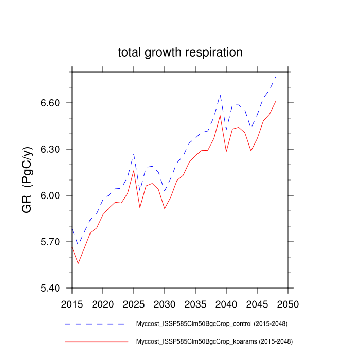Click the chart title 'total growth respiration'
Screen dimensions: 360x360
[179, 52]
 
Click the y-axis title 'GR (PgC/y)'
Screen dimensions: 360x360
[27, 180]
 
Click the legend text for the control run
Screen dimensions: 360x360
[211, 324]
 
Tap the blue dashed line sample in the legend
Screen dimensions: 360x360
[96, 324]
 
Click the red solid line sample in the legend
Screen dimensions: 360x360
[96, 341]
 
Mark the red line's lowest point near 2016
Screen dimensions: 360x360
[78, 263]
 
